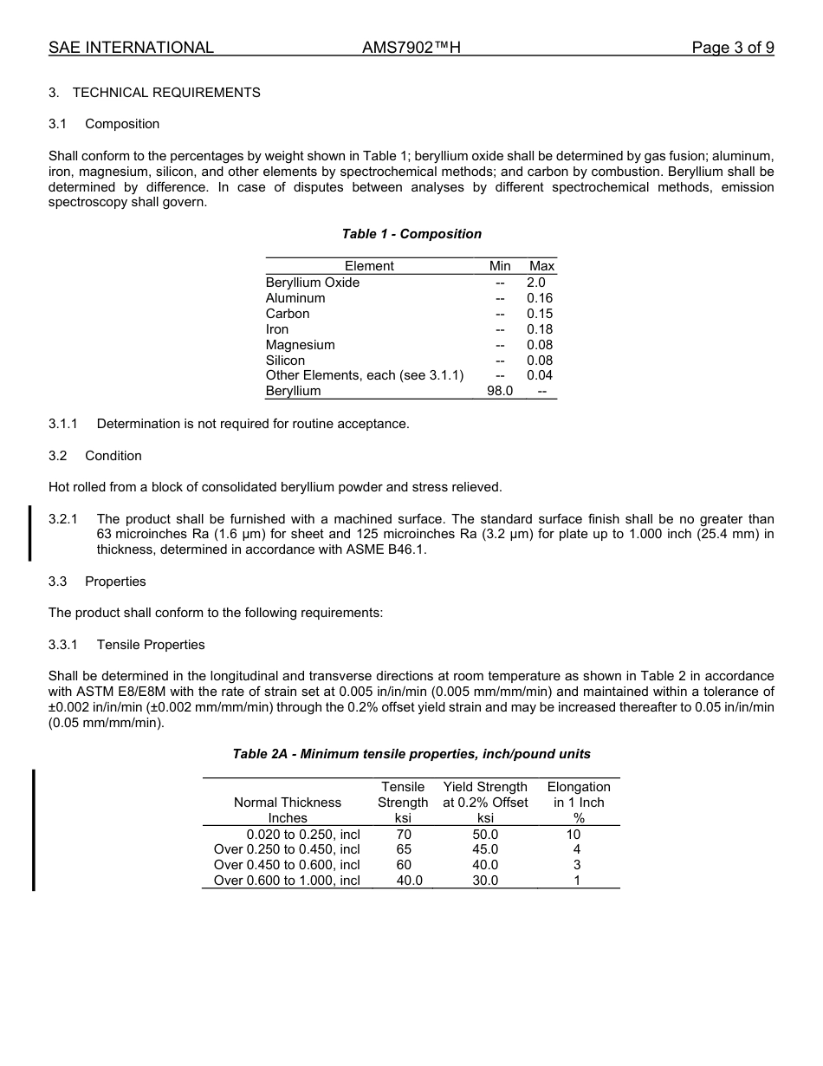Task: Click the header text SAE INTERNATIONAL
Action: point(131,48)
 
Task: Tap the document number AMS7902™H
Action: point(411,48)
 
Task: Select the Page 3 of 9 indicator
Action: point(732,48)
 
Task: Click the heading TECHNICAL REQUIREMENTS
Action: point(166,93)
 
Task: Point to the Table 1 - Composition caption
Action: point(411,234)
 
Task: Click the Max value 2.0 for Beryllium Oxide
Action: point(536,283)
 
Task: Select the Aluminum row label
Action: point(295,298)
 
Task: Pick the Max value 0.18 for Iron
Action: point(539,329)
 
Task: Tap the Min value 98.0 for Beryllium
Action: point(500,391)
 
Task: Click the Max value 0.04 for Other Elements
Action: point(539,375)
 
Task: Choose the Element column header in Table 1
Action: point(369,266)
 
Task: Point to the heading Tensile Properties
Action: point(151,645)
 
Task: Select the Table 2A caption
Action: point(411,754)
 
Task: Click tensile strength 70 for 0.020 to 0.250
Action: point(404,835)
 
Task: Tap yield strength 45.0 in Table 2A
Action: point(485,849)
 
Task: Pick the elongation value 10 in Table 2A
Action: point(574,835)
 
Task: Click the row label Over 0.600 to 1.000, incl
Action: point(287,881)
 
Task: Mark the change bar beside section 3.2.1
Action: point(32,533)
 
